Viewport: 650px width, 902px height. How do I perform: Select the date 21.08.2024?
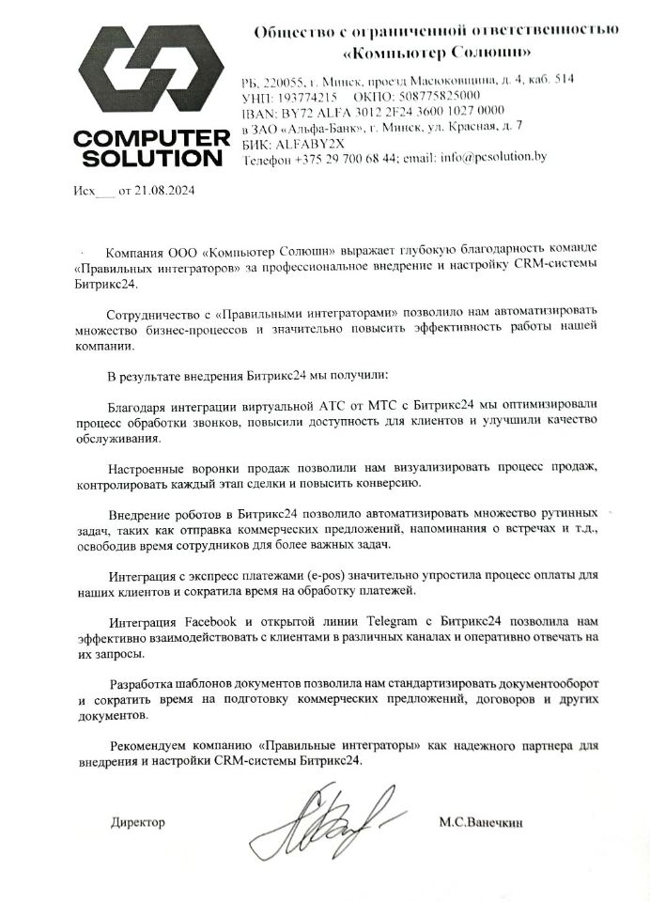168,191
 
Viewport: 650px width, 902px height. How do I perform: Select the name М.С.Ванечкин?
480,822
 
